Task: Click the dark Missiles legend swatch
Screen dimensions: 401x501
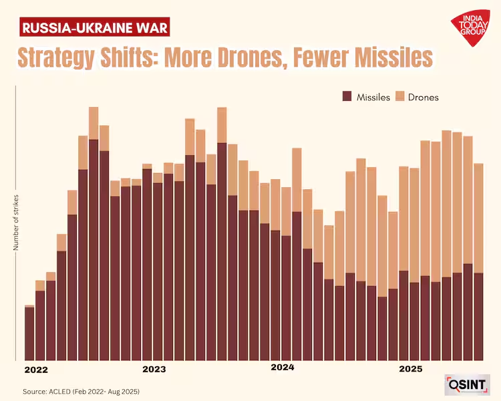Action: pyautogui.click(x=347, y=97)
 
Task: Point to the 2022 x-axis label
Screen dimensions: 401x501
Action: pyautogui.click(x=36, y=369)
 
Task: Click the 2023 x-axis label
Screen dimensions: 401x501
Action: pyautogui.click(x=154, y=369)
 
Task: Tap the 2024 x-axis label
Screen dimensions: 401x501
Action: pyautogui.click(x=283, y=368)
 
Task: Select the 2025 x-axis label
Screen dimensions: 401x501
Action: pyautogui.click(x=411, y=369)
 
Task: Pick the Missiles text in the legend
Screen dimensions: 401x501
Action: pyautogui.click(x=373, y=98)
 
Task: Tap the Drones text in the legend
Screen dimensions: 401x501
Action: pyautogui.click(x=424, y=98)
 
